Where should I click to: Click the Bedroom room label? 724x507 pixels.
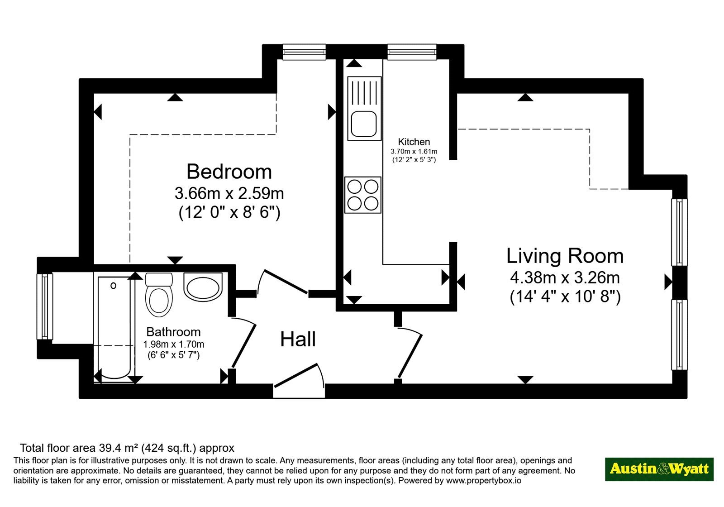coord(229,172)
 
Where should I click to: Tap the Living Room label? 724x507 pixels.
coord(565,256)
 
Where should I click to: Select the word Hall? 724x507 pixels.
coord(298,339)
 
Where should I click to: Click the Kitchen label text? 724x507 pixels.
coord(414,142)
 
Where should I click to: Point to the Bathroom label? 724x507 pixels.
coord(173,332)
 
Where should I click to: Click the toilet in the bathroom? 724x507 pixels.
coord(159,294)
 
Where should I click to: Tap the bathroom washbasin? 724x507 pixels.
coord(203,287)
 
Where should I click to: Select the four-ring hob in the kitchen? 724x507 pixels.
coord(362,195)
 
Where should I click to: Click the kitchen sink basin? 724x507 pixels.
coord(364,124)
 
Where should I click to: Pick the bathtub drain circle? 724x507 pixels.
coord(114,286)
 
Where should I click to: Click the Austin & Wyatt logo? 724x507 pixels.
coord(659,469)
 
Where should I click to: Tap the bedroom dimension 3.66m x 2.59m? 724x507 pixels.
coord(229,193)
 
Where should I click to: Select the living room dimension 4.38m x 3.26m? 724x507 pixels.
coord(565,277)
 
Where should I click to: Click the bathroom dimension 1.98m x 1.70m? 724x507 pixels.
coord(174,344)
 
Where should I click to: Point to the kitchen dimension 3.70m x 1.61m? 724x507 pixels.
coord(414,151)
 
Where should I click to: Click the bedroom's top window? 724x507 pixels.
coord(304,52)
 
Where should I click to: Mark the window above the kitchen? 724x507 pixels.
coord(412,52)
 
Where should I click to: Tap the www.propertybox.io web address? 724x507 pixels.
coord(484,480)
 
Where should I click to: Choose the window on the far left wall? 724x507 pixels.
coord(45,306)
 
